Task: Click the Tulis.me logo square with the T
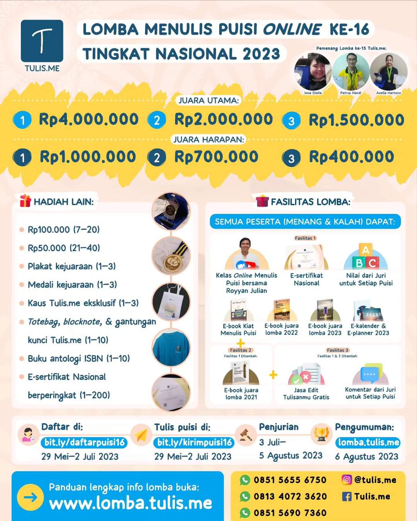point(42,41)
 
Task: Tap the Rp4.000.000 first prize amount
point(88,119)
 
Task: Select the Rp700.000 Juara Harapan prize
point(216,157)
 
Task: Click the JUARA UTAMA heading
point(208,100)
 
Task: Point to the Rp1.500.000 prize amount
point(356,120)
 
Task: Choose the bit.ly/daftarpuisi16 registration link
point(84,442)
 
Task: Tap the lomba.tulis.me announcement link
point(368,442)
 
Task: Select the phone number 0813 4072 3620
point(290,496)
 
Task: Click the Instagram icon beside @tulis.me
point(347,480)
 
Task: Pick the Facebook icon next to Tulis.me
point(347,496)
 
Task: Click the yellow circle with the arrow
point(31,497)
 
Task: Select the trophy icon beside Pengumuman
point(321,434)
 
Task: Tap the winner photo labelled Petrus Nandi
point(351,73)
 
